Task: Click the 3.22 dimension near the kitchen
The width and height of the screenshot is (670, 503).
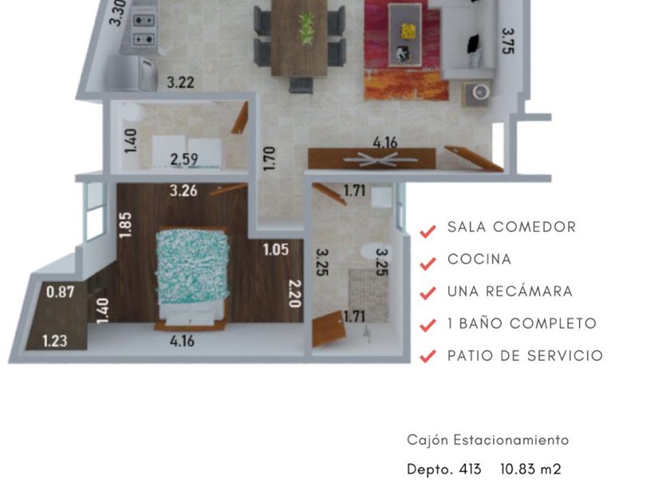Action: click(x=180, y=82)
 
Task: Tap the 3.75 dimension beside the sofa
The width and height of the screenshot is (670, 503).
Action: click(x=508, y=41)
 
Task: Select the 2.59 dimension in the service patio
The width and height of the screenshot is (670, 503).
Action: click(x=184, y=160)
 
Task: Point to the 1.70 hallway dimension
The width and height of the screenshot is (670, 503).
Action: click(x=270, y=158)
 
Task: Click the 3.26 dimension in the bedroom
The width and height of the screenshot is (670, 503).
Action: click(x=183, y=191)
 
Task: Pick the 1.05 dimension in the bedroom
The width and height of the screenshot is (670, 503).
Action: click(x=276, y=249)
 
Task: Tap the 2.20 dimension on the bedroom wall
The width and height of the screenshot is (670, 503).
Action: click(x=295, y=294)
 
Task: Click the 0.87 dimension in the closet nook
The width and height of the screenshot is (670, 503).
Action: click(x=61, y=292)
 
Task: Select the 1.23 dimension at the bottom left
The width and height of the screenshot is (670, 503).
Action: click(x=55, y=341)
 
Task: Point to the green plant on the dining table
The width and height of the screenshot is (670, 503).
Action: click(x=306, y=28)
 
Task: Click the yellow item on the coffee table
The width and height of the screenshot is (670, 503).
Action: click(x=408, y=31)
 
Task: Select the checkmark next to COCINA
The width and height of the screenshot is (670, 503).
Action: click(x=428, y=263)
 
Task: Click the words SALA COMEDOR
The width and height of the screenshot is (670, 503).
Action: click(x=512, y=227)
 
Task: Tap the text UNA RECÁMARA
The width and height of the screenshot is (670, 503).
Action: click(x=510, y=291)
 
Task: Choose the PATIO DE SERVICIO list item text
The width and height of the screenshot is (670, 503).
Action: click(x=525, y=355)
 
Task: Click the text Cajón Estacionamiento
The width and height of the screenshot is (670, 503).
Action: click(x=488, y=440)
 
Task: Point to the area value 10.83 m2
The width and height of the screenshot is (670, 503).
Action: click(x=530, y=469)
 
